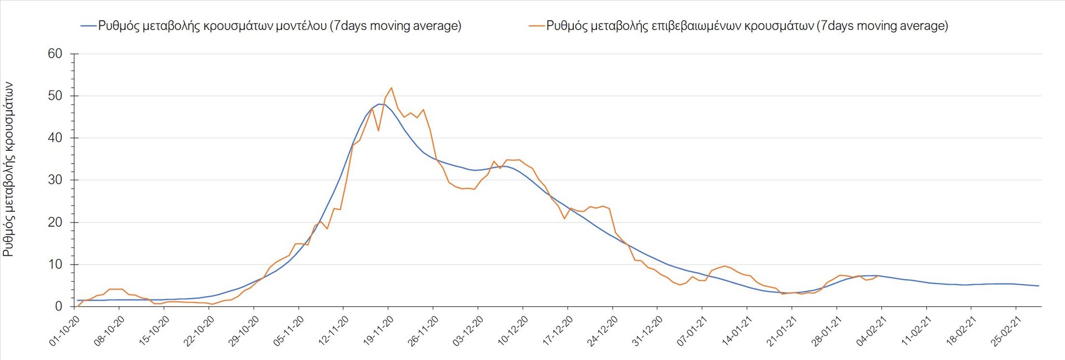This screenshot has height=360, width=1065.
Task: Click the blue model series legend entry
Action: click(x=271, y=26)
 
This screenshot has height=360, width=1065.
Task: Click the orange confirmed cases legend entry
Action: click(x=738, y=26)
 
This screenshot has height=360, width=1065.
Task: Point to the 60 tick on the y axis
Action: click(x=55, y=54)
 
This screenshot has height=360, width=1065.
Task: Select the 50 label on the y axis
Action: click(x=55, y=96)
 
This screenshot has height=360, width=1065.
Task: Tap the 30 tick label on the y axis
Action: click(x=55, y=180)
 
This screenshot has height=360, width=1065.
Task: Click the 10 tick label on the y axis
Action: click(x=55, y=265)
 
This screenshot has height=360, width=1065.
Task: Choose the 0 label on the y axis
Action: click(x=59, y=307)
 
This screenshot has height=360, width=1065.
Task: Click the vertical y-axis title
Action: click(x=8, y=169)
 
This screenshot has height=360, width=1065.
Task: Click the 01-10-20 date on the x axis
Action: click(x=65, y=331)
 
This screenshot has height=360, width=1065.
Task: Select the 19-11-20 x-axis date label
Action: click(x=378, y=331)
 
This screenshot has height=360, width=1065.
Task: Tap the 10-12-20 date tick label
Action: click(x=513, y=331)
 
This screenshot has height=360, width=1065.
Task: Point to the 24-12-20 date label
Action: click(x=602, y=331)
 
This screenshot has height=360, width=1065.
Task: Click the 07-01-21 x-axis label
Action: click(x=692, y=331)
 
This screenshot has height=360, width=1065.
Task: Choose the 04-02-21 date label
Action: click(x=871, y=331)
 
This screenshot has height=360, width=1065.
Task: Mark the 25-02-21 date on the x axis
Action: click(x=1006, y=331)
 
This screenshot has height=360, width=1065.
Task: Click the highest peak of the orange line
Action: click(x=392, y=88)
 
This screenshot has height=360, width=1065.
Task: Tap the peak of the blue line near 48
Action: click(x=379, y=104)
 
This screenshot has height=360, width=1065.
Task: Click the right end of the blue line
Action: click(x=1038, y=286)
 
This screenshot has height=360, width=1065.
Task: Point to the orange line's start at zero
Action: click(x=78, y=306)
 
